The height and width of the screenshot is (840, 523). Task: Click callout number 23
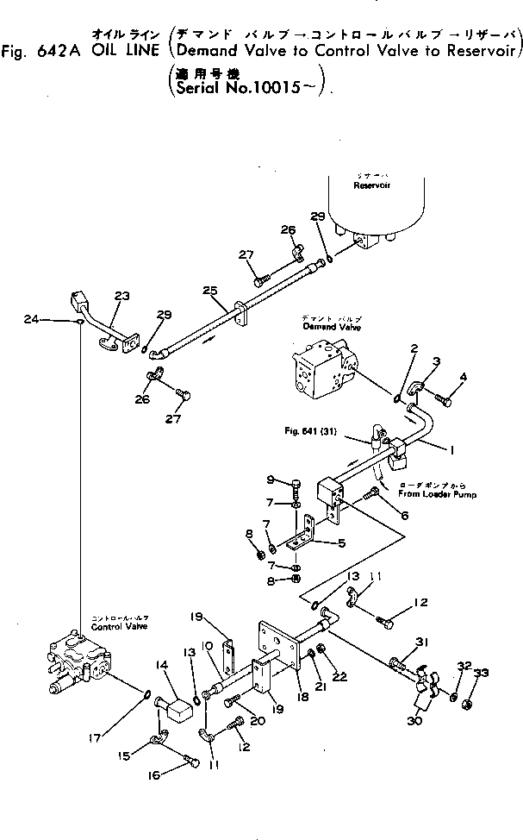click(121, 296)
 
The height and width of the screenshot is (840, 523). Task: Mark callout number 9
click(270, 480)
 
